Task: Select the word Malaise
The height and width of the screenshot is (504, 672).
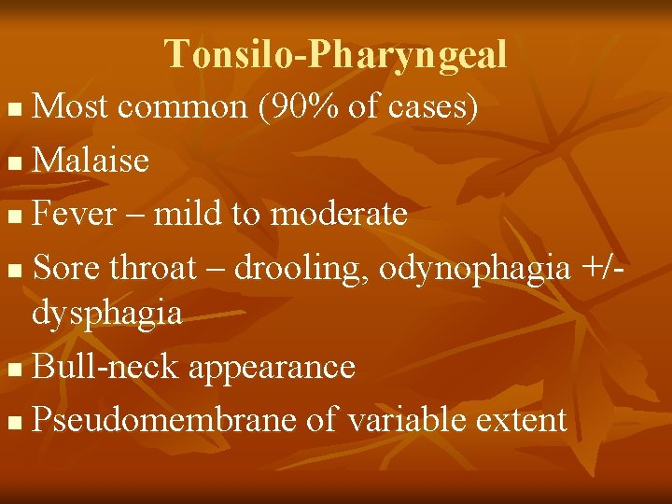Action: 91,161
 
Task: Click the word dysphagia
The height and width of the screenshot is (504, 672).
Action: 106,314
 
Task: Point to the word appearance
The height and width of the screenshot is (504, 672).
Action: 272,368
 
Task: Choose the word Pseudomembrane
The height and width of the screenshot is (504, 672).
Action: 165,420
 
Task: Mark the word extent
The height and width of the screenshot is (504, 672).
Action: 521,420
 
